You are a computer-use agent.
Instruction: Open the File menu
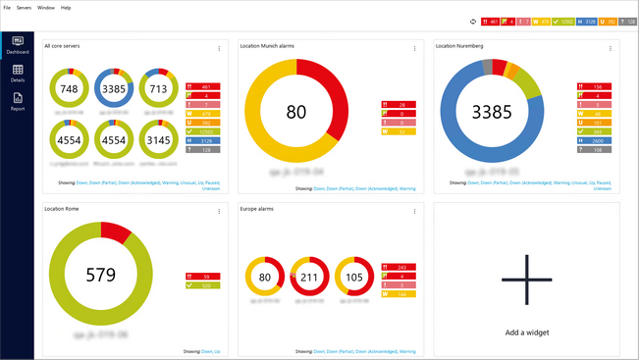[x=7, y=7]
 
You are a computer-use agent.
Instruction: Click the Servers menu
[x=25, y=7]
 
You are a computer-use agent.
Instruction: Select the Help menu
[x=66, y=7]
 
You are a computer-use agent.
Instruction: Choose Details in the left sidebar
[x=18, y=74]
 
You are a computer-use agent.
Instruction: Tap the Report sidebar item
[x=18, y=101]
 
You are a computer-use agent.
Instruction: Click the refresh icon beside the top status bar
[x=473, y=21]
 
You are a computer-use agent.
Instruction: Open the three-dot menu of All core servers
[x=219, y=48]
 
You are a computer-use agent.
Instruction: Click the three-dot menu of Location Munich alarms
[x=414, y=48]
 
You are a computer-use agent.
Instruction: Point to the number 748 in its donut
[x=69, y=89]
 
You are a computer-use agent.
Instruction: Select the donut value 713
[x=156, y=89]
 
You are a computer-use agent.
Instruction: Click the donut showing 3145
[x=156, y=139]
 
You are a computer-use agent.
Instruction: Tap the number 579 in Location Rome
[x=101, y=275]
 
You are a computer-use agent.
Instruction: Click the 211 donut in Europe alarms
[x=310, y=278]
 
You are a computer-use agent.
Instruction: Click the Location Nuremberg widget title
[x=459, y=46]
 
